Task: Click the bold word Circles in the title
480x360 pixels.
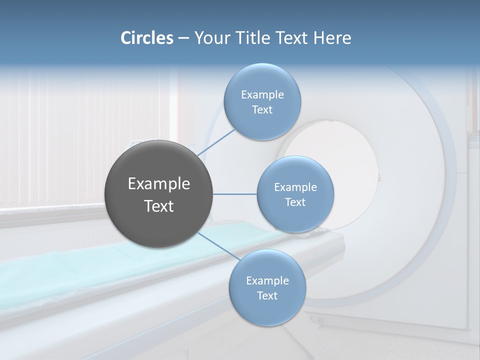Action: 146,38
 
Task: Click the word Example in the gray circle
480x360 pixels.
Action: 159,184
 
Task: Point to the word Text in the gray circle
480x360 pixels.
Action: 159,206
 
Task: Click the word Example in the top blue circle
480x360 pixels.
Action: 262,95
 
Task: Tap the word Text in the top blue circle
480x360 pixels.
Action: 262,110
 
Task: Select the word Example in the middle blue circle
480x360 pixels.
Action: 295,187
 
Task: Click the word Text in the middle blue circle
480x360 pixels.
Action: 295,202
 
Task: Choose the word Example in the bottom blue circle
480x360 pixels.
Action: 267,281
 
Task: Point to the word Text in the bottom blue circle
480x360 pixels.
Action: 267,296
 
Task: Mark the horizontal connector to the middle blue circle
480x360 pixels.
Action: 235,194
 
